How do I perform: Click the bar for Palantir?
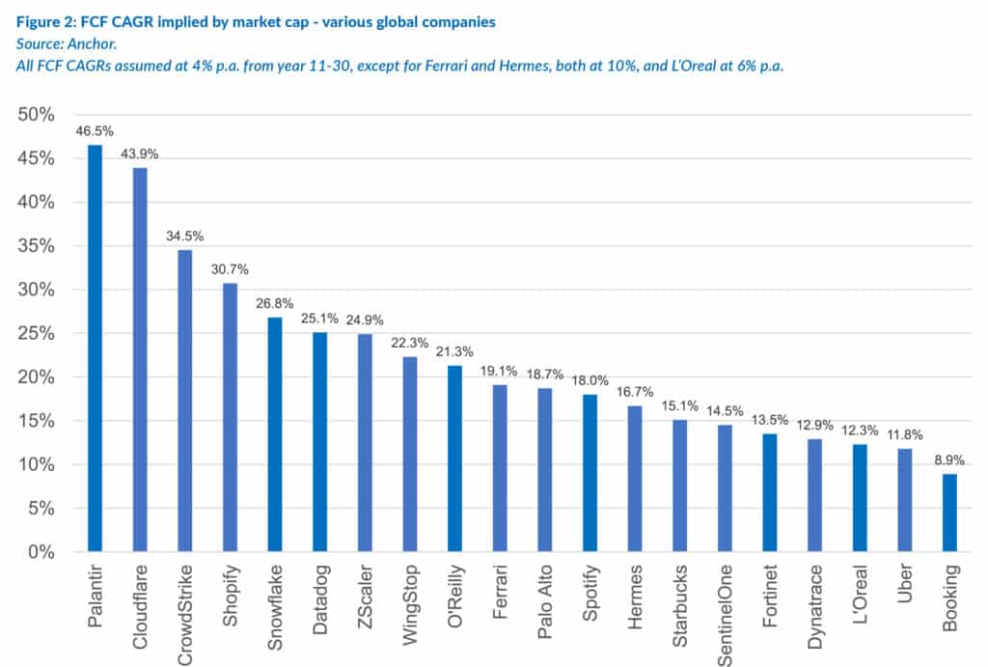pyautogui.click(x=95, y=348)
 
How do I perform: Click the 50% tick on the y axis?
pyautogui.click(x=37, y=115)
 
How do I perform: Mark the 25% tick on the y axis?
pyautogui.click(x=37, y=334)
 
